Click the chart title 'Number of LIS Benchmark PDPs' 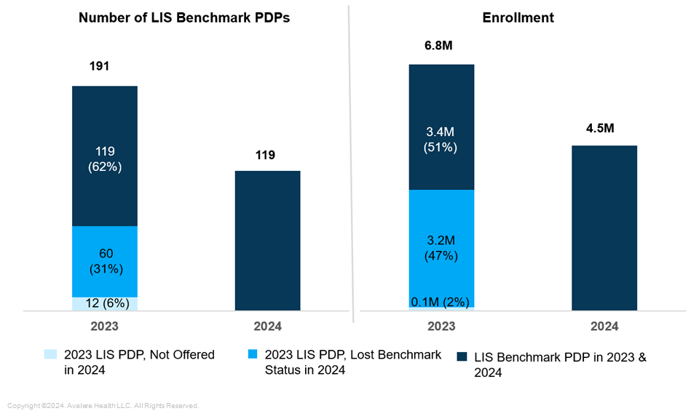184,18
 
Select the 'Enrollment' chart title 518,18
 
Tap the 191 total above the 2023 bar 99,66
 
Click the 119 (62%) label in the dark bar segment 105,158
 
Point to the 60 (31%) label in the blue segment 105,260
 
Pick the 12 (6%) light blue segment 105,303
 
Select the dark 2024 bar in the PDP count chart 268,240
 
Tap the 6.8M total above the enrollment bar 438,46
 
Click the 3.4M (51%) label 441,139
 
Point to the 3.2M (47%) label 441,248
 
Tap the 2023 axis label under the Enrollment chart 441,327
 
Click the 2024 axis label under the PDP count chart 268,327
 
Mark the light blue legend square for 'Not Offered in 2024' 50,355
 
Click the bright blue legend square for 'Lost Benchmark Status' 253,355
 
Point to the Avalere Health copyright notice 103,405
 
